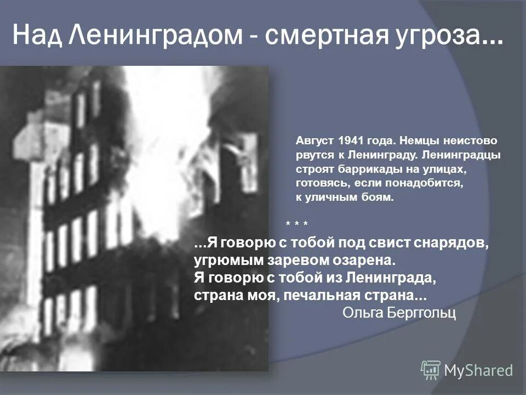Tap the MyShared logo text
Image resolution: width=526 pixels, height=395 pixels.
(478, 370)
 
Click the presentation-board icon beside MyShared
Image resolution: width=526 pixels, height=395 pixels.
(431, 370)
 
